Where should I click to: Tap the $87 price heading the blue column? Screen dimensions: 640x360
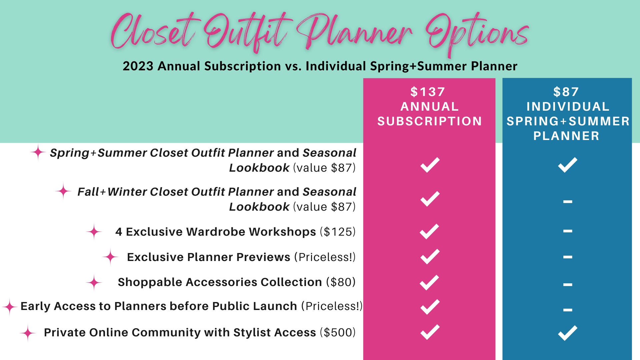coord(566,92)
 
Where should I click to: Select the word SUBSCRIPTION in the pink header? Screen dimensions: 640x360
coord(430,121)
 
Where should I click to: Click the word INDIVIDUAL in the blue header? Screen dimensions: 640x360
coord(568,106)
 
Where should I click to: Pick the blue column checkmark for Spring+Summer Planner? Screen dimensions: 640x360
coord(567,165)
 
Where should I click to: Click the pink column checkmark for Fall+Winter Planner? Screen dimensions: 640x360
coord(430,199)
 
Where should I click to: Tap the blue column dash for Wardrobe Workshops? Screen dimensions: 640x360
coord(568,231)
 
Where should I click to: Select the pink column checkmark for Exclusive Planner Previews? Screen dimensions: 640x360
coord(430,257)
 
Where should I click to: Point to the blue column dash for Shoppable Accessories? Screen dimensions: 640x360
coord(568,285)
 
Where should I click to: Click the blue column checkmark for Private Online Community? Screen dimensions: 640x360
coord(567,333)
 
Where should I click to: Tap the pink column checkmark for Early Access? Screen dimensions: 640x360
coord(430,307)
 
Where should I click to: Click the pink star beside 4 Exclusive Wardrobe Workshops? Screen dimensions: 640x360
coord(94,231)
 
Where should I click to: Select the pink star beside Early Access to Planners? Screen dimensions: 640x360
coord(10,307)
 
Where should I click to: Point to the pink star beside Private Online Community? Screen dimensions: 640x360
coord(28,333)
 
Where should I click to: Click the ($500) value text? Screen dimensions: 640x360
coord(338,332)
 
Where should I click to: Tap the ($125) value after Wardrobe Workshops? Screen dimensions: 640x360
coord(338,232)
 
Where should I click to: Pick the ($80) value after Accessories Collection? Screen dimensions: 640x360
coord(341,282)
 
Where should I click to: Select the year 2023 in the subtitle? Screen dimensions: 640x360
coord(138,66)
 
